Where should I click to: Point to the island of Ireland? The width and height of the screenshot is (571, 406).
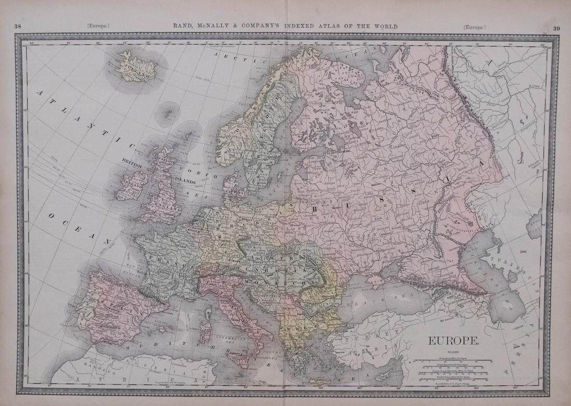pos(127,185)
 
